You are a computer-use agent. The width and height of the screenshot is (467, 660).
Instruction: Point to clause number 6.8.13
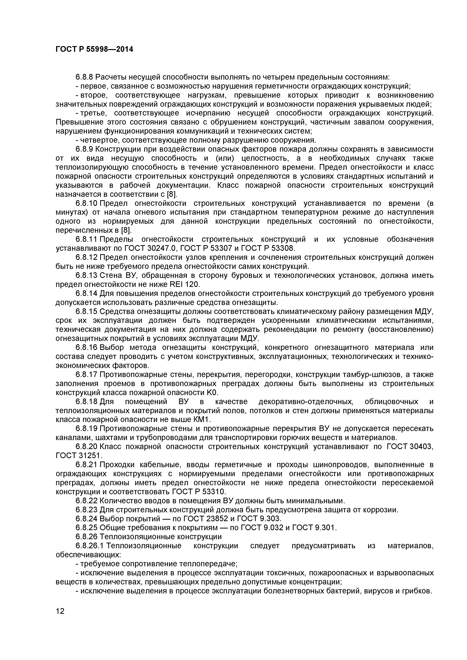pyautogui.click(x=87, y=276)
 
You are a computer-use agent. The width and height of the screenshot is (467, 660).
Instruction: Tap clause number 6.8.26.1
pyautogui.click(x=90, y=546)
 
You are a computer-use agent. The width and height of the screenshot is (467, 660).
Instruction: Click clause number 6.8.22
pyautogui.click(x=87, y=501)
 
